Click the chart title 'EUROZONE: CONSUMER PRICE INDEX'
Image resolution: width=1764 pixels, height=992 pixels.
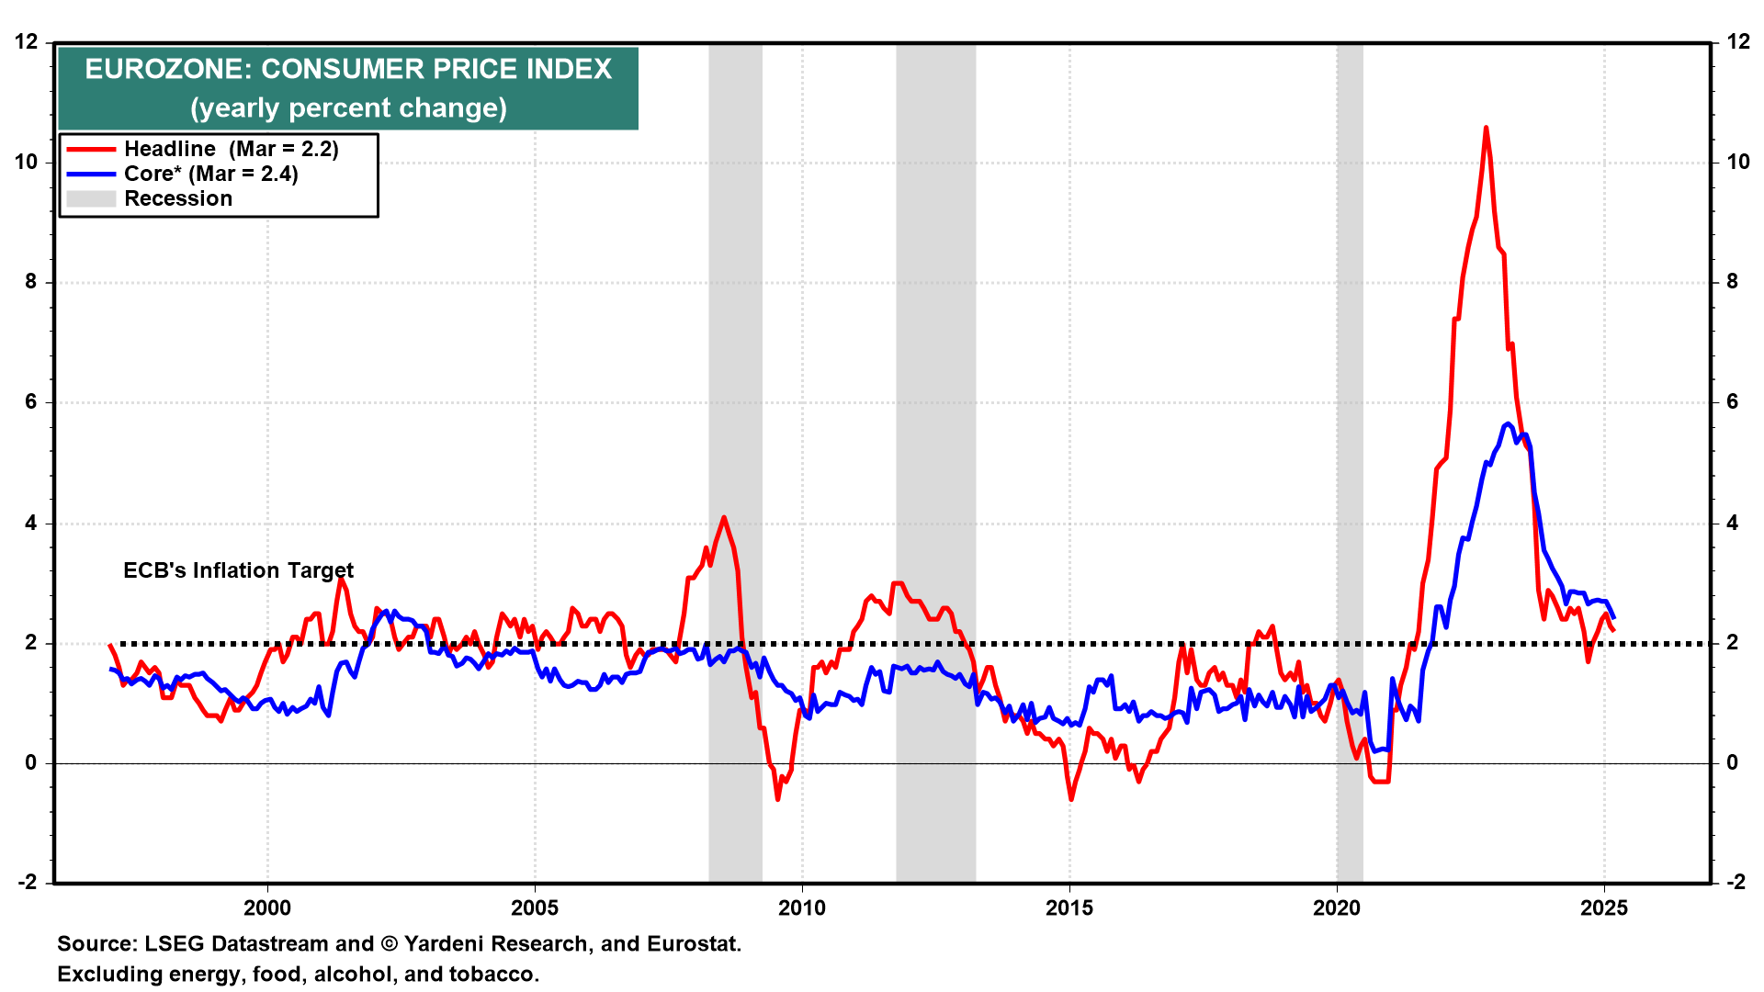[348, 70]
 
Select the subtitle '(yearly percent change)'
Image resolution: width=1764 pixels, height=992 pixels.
[348, 108]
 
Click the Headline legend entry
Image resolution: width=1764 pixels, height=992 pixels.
[231, 149]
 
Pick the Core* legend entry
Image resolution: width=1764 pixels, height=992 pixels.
[210, 174]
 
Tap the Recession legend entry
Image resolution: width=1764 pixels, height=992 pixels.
[178, 198]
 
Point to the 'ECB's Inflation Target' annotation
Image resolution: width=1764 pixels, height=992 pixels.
[238, 570]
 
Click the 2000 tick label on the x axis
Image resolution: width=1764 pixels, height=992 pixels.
[267, 908]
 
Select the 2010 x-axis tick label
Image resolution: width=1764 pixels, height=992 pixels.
[802, 908]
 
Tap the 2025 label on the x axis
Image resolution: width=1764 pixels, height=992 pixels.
[1604, 908]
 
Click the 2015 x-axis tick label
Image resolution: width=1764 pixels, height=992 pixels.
[1069, 908]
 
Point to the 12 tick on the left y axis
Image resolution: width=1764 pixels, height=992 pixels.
[27, 42]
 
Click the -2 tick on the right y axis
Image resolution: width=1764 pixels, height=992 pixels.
[1735, 883]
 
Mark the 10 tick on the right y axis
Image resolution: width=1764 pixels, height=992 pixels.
[1737, 163]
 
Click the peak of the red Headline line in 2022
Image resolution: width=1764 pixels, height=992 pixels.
[1486, 129]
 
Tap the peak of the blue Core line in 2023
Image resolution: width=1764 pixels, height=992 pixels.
[1508, 423]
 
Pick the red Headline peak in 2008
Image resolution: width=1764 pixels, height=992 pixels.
[724, 518]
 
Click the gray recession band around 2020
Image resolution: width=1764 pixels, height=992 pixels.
[1350, 459]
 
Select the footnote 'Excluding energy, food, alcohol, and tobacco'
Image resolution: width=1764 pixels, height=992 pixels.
[298, 975]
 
